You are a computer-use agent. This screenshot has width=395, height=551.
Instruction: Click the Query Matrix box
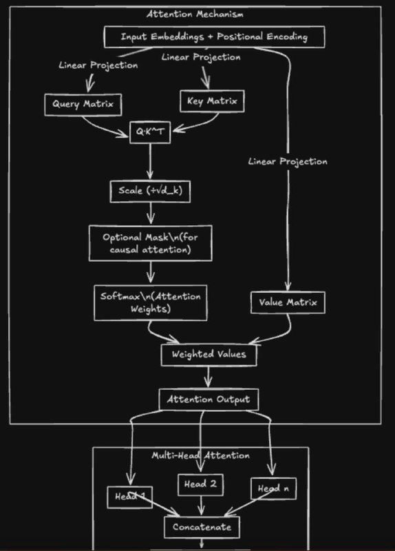pos(83,105)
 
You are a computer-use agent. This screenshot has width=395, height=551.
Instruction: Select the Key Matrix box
pos(212,101)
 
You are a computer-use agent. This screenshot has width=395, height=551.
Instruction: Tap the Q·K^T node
pos(150,132)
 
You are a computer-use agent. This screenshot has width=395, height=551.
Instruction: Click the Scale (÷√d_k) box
pos(150,191)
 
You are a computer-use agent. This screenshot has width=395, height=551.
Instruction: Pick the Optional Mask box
pos(150,243)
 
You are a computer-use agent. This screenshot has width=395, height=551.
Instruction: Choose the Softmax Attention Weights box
pos(150,302)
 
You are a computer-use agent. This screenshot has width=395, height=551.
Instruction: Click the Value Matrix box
pos(288,302)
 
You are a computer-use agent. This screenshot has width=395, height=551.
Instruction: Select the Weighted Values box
pos(209,355)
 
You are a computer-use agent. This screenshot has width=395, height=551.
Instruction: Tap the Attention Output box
pos(209,399)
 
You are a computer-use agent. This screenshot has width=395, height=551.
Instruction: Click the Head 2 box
pos(200,485)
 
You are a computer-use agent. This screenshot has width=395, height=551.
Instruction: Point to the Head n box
pos(273,488)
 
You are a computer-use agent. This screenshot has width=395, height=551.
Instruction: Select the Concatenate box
pos(202,527)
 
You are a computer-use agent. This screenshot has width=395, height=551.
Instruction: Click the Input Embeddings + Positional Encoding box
pos(214,37)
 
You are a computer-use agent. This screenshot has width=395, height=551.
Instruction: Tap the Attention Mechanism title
pos(195,14)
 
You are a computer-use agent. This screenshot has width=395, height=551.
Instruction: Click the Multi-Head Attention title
pos(200,455)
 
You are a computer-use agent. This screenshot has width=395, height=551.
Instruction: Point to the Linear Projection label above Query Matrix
pos(98,65)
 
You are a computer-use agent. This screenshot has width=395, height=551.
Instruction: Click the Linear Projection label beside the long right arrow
pos(288,162)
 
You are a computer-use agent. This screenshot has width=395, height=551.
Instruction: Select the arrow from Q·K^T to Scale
pos(150,161)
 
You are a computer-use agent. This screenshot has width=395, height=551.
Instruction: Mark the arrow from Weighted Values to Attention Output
pos(209,377)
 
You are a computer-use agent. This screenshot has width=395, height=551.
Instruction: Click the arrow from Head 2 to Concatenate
pos(201,506)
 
